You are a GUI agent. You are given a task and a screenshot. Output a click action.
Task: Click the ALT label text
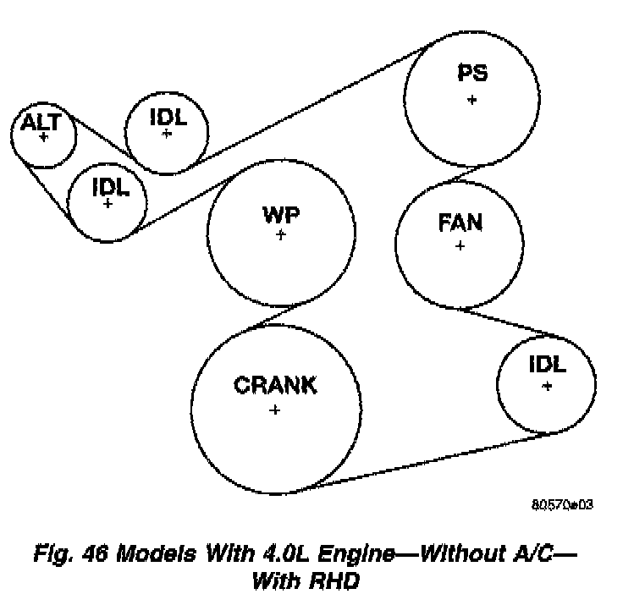(40, 122)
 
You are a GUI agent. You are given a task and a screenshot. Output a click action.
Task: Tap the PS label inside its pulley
(471, 74)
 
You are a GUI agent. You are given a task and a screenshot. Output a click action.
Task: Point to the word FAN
(460, 223)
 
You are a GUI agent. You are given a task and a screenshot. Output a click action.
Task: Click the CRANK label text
(275, 387)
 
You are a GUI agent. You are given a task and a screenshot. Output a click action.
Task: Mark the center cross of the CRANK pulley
(274, 410)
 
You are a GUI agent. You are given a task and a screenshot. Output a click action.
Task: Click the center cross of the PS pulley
(471, 99)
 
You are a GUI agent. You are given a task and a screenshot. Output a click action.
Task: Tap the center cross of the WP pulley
(281, 234)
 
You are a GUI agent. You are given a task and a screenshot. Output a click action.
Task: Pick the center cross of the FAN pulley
(460, 246)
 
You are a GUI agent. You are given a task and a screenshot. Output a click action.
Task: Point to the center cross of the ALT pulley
(43, 136)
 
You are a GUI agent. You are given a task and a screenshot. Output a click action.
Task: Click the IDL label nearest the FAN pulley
(547, 365)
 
